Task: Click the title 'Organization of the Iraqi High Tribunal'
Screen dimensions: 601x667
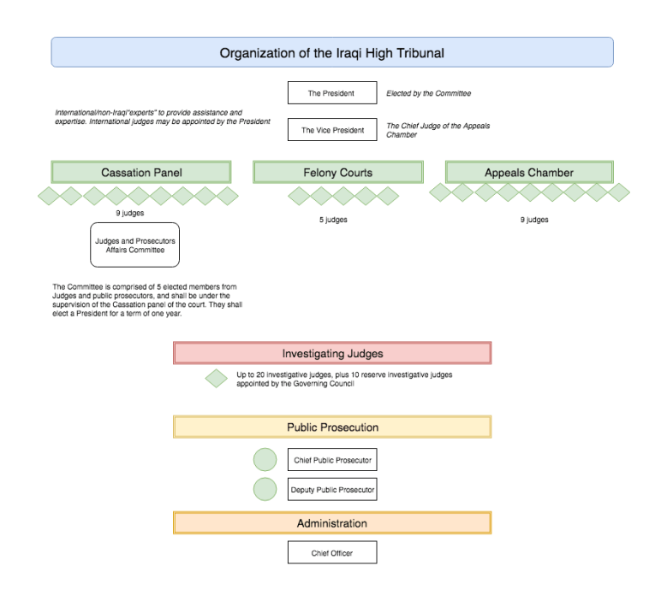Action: tap(332, 52)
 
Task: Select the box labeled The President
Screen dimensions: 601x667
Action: tap(331, 93)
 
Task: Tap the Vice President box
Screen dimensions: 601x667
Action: tap(331, 130)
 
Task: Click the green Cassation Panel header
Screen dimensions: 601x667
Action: tap(141, 173)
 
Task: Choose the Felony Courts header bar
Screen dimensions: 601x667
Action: tap(337, 173)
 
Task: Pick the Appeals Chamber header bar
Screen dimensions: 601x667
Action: tap(528, 173)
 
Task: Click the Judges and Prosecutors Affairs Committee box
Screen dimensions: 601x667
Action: tap(134, 245)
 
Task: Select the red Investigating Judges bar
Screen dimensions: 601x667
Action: tap(332, 353)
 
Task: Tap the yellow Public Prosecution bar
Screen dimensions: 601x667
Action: tap(332, 427)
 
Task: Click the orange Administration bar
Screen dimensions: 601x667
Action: tap(332, 523)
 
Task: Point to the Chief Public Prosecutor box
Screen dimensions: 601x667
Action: tap(332, 460)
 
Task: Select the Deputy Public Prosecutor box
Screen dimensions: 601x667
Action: tap(332, 489)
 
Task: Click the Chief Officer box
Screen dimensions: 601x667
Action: tap(332, 553)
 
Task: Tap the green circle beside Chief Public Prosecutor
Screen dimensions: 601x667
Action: tap(265, 460)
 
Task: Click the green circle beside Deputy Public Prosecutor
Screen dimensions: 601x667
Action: tap(265, 489)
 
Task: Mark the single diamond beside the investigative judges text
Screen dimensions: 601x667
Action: tap(217, 379)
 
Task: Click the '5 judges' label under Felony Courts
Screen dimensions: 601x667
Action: tap(333, 220)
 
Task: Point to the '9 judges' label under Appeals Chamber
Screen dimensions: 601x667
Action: tap(534, 220)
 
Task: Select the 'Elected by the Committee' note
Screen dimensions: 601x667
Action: tap(428, 93)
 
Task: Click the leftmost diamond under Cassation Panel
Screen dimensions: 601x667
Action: tap(49, 196)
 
